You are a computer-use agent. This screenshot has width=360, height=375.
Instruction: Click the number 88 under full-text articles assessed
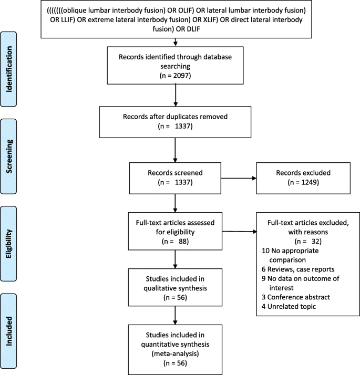pyautogui.click(x=178, y=242)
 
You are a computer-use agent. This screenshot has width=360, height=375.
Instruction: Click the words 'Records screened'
pyautogui.click(x=174, y=171)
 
